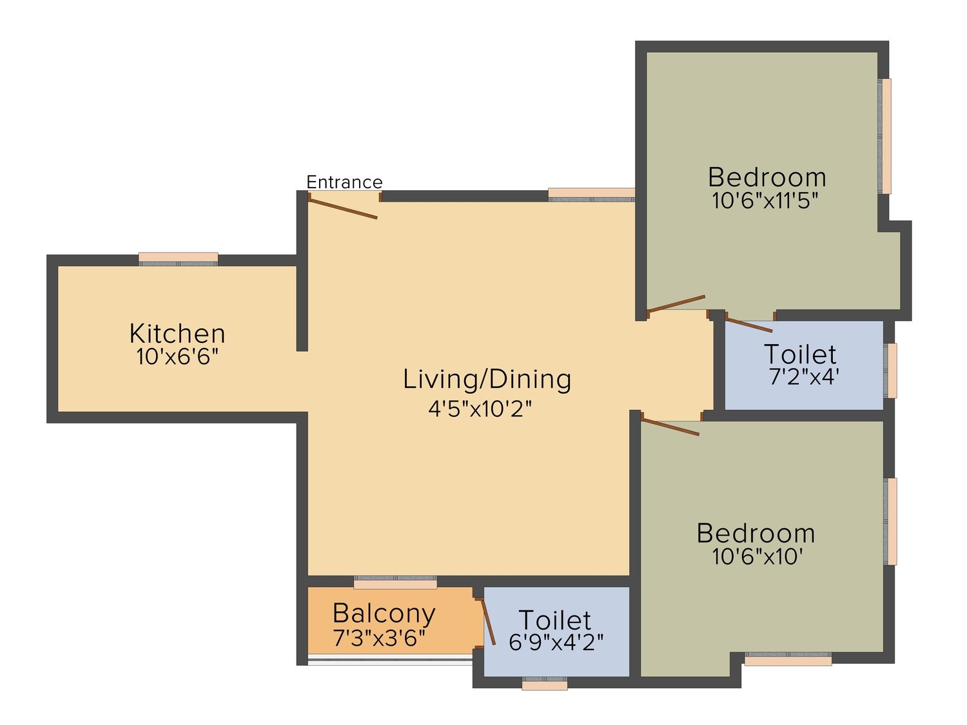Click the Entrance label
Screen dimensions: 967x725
(x=344, y=182)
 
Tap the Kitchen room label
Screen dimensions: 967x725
(x=177, y=334)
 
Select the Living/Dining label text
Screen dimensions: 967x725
(x=487, y=380)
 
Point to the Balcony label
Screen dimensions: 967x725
(x=384, y=614)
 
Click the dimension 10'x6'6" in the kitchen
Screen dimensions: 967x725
(x=177, y=356)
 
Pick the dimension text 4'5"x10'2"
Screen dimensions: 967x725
(x=480, y=409)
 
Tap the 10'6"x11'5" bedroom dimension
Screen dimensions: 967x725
(x=765, y=200)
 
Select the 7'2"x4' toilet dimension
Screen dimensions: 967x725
(x=804, y=377)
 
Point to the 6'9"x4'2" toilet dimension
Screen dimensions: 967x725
(x=556, y=642)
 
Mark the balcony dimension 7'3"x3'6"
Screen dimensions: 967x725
(x=379, y=638)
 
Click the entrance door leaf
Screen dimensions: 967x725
(x=342, y=208)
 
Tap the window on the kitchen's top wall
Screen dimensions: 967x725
(x=179, y=259)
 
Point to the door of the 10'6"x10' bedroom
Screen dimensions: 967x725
(x=670, y=427)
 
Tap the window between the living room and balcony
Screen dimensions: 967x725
(x=395, y=582)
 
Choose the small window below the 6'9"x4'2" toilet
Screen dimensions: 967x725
(x=545, y=684)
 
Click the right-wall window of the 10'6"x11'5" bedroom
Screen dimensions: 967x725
(x=884, y=136)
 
